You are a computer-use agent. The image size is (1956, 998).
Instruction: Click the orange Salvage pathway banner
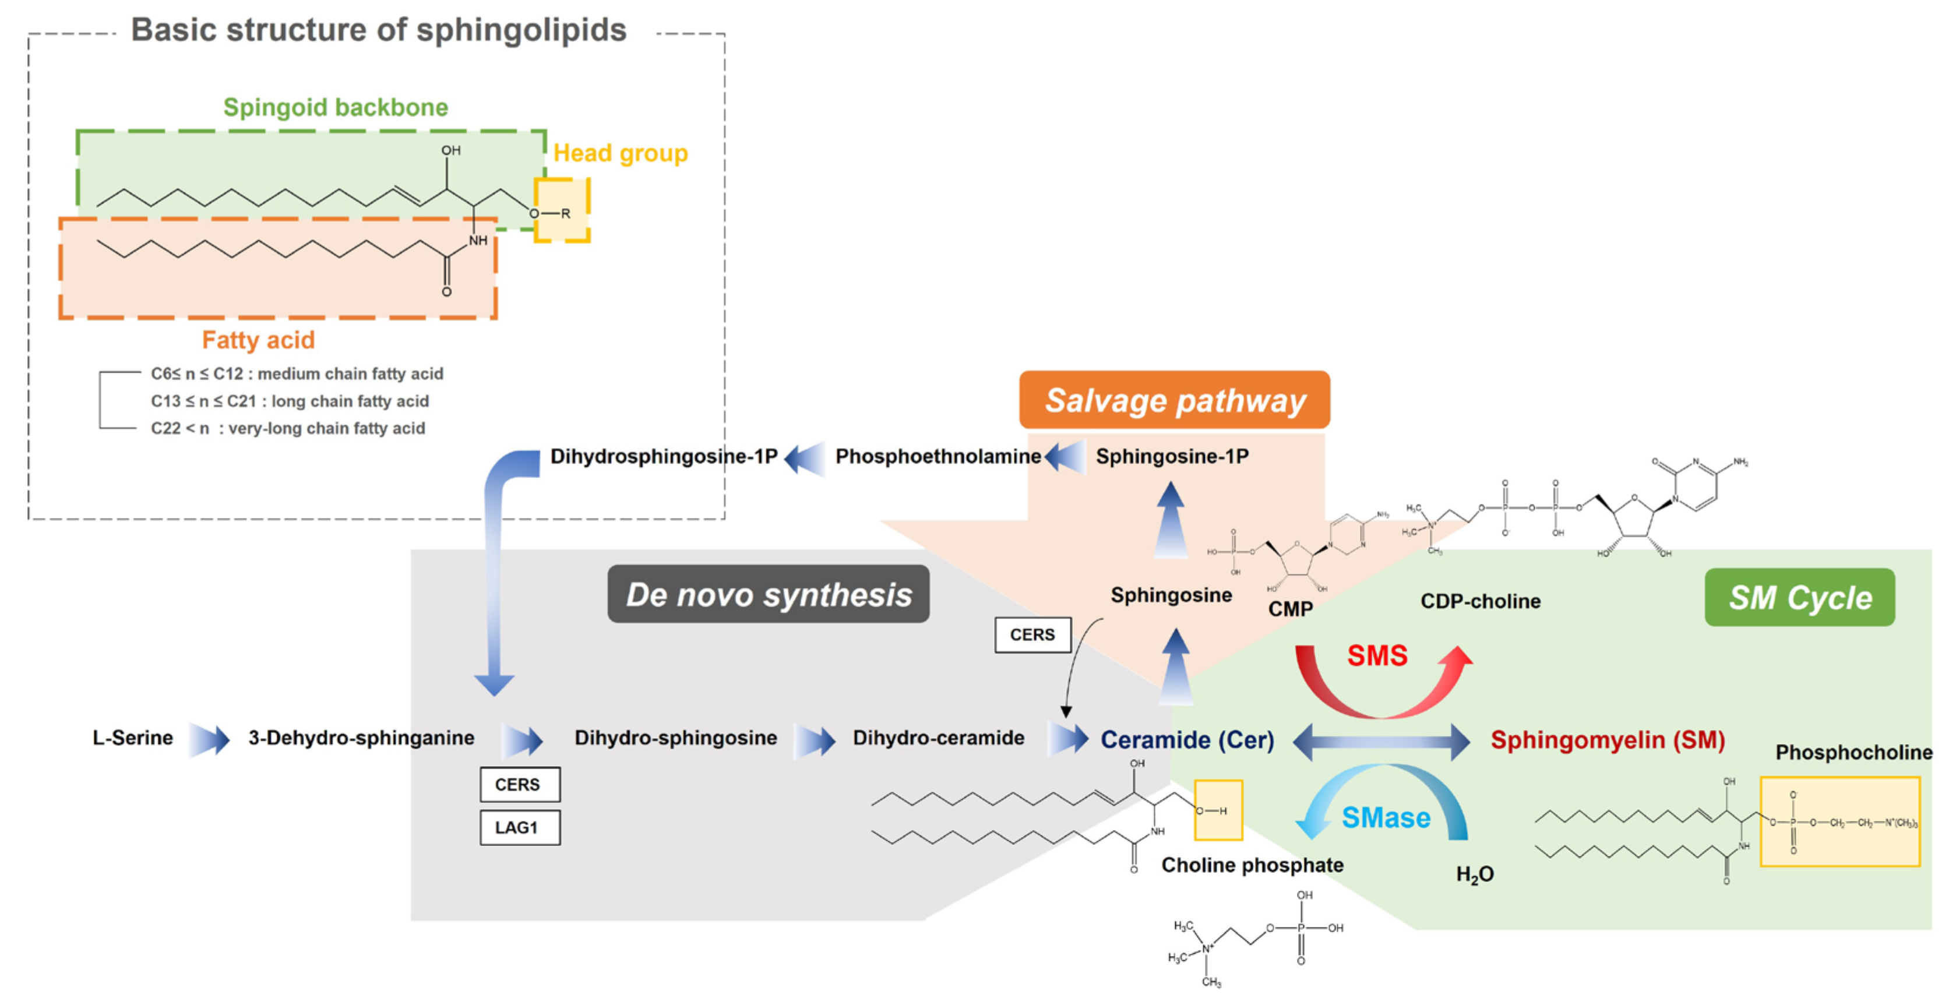pyautogui.click(x=1174, y=400)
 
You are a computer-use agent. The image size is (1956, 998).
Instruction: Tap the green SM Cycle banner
pyautogui.click(x=1800, y=598)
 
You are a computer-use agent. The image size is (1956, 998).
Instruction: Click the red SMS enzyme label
pyautogui.click(x=1377, y=655)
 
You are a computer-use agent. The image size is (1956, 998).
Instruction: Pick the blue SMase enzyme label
pyautogui.click(x=1385, y=818)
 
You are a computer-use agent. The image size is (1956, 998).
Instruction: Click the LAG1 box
pyautogui.click(x=519, y=828)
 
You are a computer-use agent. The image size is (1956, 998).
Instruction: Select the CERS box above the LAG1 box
pyautogui.click(x=519, y=785)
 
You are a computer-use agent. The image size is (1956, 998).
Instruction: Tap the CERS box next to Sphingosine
pyautogui.click(x=1032, y=635)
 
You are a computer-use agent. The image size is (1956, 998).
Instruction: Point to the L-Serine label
pyautogui.click(x=133, y=738)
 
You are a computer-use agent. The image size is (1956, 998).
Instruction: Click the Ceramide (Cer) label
pyautogui.click(x=1187, y=740)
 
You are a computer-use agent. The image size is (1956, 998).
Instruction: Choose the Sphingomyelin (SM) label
pyautogui.click(x=1608, y=740)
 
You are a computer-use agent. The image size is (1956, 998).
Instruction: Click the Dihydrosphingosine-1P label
pyautogui.click(x=663, y=456)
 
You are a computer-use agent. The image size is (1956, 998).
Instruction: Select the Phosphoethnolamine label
pyautogui.click(x=938, y=456)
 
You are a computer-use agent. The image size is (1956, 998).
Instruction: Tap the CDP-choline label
pyautogui.click(x=1480, y=601)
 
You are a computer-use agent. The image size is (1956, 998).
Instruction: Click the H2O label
pyautogui.click(x=1474, y=874)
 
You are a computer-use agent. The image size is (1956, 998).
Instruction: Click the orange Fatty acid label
pyautogui.click(x=258, y=340)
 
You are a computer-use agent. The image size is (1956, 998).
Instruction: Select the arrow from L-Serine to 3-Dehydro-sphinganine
pyautogui.click(x=210, y=739)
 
